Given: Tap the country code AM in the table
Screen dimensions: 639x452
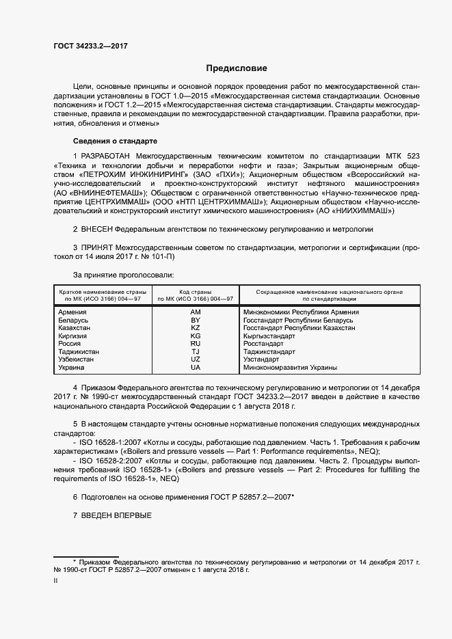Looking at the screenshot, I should click(x=196, y=312).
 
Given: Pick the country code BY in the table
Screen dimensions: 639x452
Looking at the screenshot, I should click(x=196, y=321).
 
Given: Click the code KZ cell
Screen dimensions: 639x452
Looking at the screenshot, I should click(x=196, y=328).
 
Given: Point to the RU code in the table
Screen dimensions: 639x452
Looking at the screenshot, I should click(x=196, y=344).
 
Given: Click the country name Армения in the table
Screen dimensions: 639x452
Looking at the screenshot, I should click(x=74, y=312).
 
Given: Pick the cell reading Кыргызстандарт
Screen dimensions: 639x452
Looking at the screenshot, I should click(x=269, y=336).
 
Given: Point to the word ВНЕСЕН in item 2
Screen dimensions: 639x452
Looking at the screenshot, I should click(x=96, y=229).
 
